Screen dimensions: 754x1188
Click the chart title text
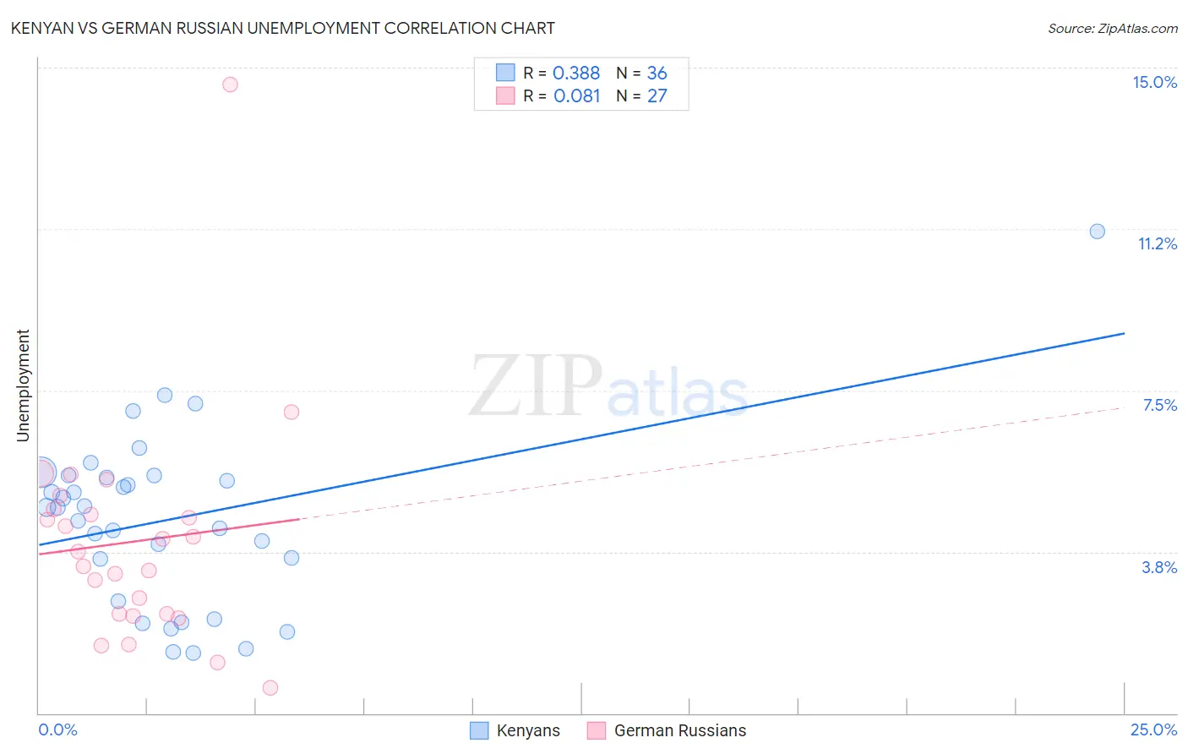(282, 28)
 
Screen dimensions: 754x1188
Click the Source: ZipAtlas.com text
(1112, 29)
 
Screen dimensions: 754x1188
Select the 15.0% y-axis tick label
(1154, 82)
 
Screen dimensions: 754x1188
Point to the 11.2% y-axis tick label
(1157, 243)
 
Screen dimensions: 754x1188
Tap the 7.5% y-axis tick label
(1159, 406)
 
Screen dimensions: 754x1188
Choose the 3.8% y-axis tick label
(1159, 567)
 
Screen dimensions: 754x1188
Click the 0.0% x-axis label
(57, 729)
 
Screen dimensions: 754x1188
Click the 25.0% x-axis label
(1153, 729)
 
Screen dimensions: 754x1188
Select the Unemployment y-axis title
(24, 385)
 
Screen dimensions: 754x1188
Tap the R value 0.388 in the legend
(576, 74)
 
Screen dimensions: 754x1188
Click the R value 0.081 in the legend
(576, 96)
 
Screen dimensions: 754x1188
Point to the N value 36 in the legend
(657, 74)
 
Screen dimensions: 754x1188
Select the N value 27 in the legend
(657, 96)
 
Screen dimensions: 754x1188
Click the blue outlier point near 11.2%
(1097, 232)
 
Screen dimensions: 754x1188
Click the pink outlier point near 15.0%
(230, 85)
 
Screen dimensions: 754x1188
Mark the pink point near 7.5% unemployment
(292, 413)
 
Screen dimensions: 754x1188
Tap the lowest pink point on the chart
(270, 687)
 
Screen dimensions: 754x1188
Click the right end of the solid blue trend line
(1124, 333)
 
